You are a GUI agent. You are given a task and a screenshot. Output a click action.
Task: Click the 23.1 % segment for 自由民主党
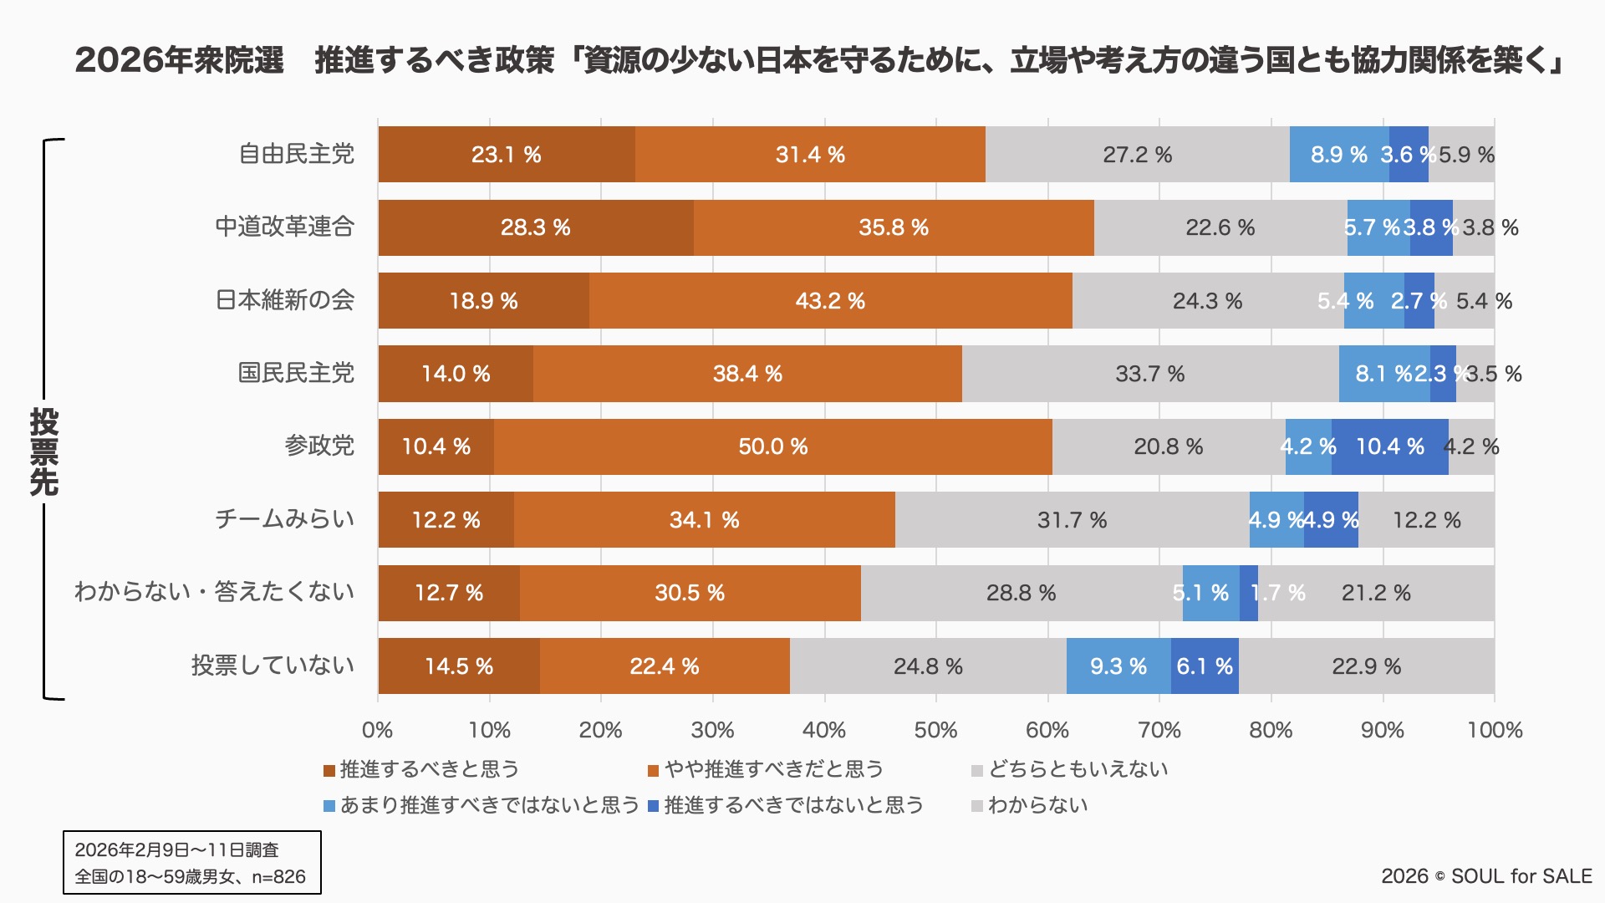(507, 155)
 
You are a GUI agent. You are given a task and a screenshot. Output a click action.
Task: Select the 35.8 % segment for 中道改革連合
(894, 227)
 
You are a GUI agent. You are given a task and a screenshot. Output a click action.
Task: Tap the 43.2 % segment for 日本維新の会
(830, 301)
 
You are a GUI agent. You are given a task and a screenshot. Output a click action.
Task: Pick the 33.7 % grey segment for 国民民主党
(1150, 374)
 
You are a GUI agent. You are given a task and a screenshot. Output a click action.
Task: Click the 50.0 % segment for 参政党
(773, 446)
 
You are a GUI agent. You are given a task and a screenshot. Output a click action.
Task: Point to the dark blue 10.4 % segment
(1390, 446)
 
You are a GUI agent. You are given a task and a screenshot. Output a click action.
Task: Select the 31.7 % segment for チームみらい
(1072, 520)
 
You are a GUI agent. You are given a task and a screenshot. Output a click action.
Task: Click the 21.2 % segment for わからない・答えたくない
(1376, 593)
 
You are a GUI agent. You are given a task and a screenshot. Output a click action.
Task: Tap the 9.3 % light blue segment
(1118, 666)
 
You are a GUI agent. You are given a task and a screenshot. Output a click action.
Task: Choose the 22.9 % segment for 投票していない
(1366, 666)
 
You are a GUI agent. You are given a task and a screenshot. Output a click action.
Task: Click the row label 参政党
(319, 446)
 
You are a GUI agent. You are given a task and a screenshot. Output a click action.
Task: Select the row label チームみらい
(285, 519)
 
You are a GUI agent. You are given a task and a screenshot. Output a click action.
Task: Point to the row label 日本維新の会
(285, 300)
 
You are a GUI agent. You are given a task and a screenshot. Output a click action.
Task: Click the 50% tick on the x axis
(935, 730)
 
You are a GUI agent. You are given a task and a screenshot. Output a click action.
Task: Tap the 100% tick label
(1495, 730)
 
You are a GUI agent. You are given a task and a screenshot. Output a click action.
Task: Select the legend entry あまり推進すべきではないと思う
(489, 805)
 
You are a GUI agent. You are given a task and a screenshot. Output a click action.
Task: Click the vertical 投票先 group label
(43, 451)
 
